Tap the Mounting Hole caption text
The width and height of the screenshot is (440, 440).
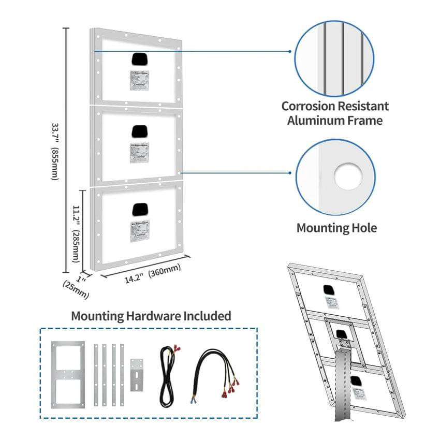336,228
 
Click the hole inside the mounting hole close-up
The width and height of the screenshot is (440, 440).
347,177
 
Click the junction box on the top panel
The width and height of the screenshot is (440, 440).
140,58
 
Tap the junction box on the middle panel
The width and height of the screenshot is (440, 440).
140,131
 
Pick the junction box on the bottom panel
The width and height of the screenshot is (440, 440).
140,209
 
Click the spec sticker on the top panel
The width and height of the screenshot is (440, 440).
139,80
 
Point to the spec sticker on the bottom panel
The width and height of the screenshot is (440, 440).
140,229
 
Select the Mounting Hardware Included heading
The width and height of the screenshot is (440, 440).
151,315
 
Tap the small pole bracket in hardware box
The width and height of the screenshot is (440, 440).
137,374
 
